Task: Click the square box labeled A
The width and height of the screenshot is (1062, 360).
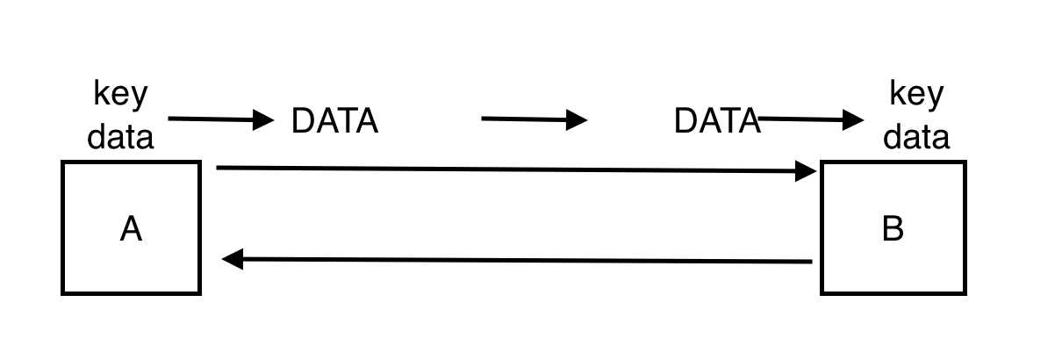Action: click(131, 263)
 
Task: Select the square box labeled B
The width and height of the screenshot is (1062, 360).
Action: click(893, 263)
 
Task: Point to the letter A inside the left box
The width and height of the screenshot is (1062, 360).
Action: click(131, 229)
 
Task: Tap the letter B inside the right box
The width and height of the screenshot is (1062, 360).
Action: click(893, 228)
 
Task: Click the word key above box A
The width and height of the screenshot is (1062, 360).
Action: click(120, 93)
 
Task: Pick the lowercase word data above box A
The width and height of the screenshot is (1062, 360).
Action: click(120, 136)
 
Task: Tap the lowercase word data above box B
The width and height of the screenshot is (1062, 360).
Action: click(916, 136)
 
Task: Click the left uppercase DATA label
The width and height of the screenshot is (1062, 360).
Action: click(334, 120)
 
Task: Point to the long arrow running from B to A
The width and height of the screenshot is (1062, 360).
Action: click(518, 260)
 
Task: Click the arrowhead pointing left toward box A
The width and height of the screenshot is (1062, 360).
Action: click(233, 259)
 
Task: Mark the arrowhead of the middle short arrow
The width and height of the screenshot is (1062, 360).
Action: click(577, 119)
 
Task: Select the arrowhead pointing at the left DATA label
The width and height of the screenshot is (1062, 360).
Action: click(264, 119)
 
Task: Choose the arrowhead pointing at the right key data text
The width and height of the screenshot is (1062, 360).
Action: click(853, 119)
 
